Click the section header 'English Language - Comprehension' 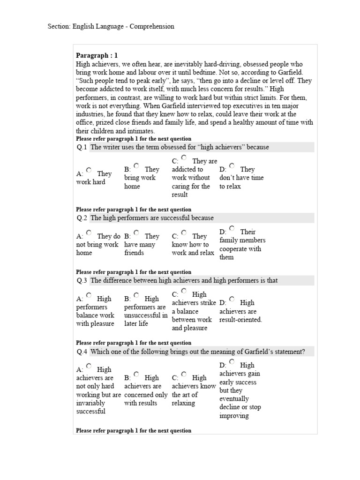(111, 27)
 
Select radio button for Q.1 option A (89, 170)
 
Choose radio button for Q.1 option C (184, 158)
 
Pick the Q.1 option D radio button (232, 166)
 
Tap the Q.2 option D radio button (232, 228)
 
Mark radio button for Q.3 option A (89, 295)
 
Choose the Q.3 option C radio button (184, 291)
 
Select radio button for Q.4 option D (232, 361)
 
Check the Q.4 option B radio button (136, 374)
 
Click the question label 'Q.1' (82, 147)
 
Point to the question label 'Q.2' (82, 218)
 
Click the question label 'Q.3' (82, 281)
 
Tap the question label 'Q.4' (82, 352)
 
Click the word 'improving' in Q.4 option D (234, 416)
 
